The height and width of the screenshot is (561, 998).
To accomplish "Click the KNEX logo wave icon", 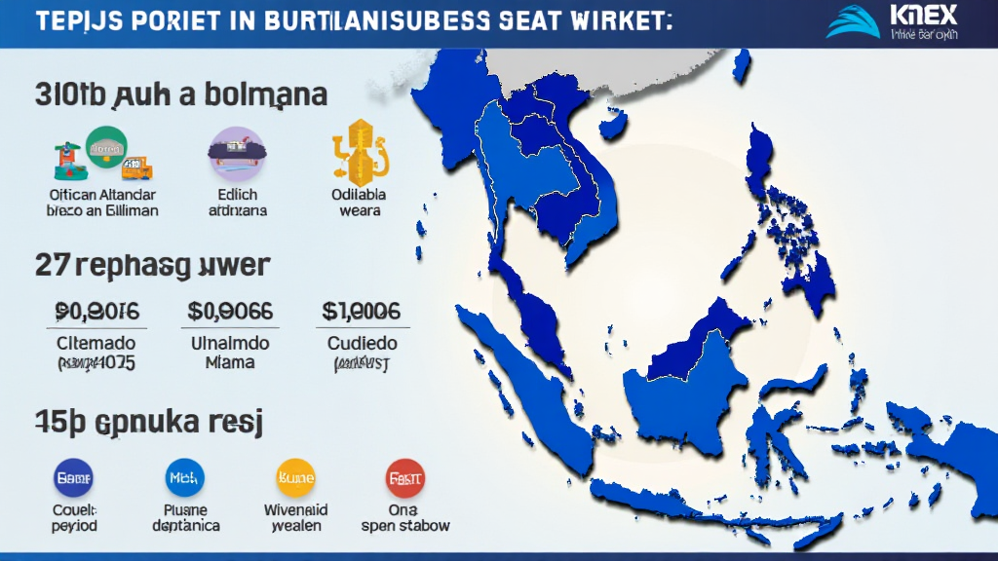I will tap(853, 22).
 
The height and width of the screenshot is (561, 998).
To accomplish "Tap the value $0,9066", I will tap(230, 312).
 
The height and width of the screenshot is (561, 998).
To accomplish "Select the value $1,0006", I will tap(361, 312).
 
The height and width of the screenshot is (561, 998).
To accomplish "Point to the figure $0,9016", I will tap(97, 312).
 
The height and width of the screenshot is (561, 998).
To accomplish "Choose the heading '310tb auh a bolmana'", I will tap(180, 95).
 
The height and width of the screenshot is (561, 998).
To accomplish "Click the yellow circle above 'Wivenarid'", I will tap(296, 478).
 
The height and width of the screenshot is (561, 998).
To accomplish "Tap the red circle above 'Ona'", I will tap(405, 478).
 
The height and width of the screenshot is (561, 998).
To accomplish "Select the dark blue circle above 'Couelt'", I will tap(73, 478).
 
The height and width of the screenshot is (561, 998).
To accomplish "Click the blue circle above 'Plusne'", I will tap(185, 478).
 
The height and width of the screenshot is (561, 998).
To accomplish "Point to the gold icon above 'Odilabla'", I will tap(360, 151).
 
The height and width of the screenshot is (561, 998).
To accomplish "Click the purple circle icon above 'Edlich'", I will tap(236, 152).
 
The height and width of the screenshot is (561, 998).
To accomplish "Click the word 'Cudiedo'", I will tap(362, 344).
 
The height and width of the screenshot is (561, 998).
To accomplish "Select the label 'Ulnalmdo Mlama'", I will tap(230, 353).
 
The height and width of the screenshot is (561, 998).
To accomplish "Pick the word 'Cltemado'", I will tap(96, 344).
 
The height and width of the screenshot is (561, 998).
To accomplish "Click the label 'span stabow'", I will tap(405, 526).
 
